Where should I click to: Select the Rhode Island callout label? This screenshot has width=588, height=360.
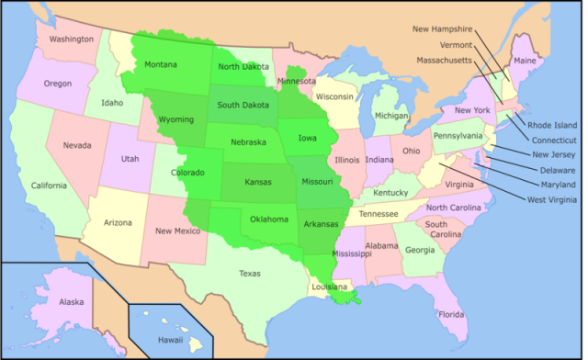click(x=552, y=125)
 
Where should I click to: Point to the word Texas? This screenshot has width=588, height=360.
click(x=249, y=273)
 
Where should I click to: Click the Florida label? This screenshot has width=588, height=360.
click(x=451, y=315)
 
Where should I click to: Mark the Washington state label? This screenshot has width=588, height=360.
click(x=72, y=39)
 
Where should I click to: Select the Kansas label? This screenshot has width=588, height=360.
click(x=257, y=182)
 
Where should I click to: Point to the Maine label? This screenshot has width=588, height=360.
click(x=525, y=61)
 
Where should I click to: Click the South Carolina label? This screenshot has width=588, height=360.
click(x=436, y=230)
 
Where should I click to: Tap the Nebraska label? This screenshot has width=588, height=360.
click(x=248, y=142)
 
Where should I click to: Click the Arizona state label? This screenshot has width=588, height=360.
click(x=118, y=223)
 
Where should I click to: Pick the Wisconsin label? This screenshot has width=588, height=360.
click(x=334, y=96)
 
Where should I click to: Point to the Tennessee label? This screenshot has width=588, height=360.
click(x=379, y=214)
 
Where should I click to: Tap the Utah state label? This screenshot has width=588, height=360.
click(x=130, y=159)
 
